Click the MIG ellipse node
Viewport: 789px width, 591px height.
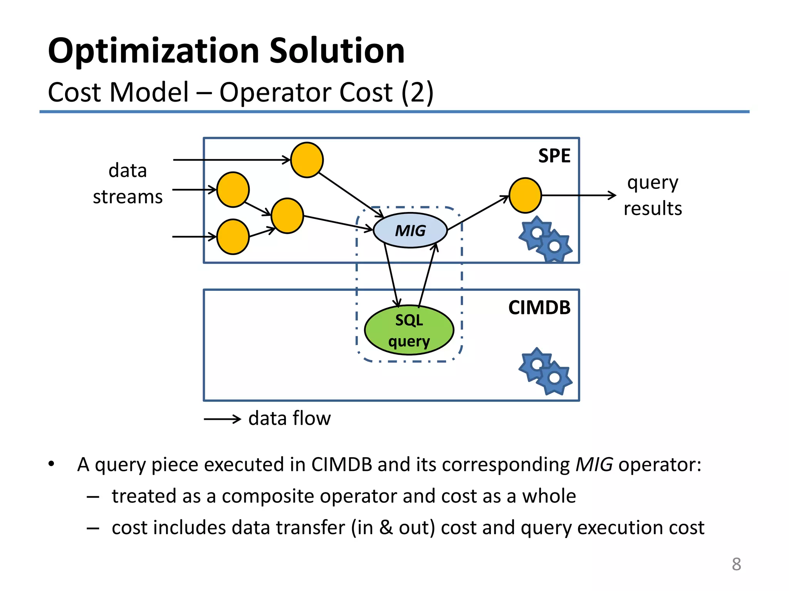click(x=410, y=230)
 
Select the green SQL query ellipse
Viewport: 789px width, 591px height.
click(x=409, y=330)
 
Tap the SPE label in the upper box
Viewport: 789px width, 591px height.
click(x=554, y=156)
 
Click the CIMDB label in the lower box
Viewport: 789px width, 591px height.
click(x=539, y=307)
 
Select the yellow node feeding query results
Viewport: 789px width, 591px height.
click(x=525, y=195)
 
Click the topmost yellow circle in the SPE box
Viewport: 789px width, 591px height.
click(x=307, y=160)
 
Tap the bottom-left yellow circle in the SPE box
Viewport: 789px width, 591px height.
click(x=233, y=237)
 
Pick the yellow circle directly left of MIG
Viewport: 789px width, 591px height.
click(x=287, y=216)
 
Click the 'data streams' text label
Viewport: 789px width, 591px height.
click(x=128, y=184)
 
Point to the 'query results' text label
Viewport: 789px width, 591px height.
click(x=653, y=195)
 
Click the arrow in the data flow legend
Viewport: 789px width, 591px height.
click(x=222, y=419)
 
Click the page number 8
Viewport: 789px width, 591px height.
click(x=736, y=564)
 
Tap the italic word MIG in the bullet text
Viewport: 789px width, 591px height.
click(x=594, y=464)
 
